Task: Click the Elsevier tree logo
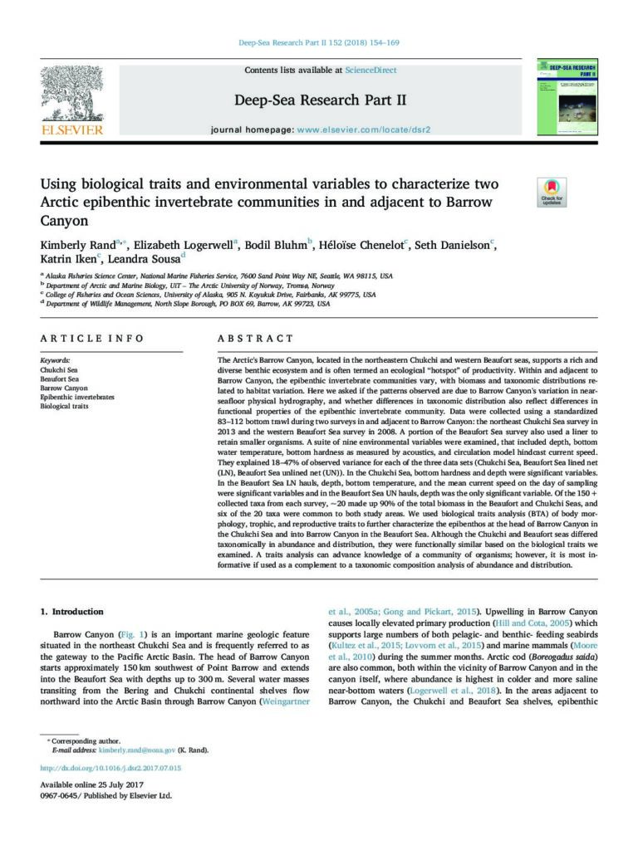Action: (72, 94)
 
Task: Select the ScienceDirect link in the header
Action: (371, 71)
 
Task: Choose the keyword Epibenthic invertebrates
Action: (77, 398)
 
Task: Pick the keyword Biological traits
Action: (64, 407)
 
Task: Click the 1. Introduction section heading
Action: (72, 612)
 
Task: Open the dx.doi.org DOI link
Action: (110, 769)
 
